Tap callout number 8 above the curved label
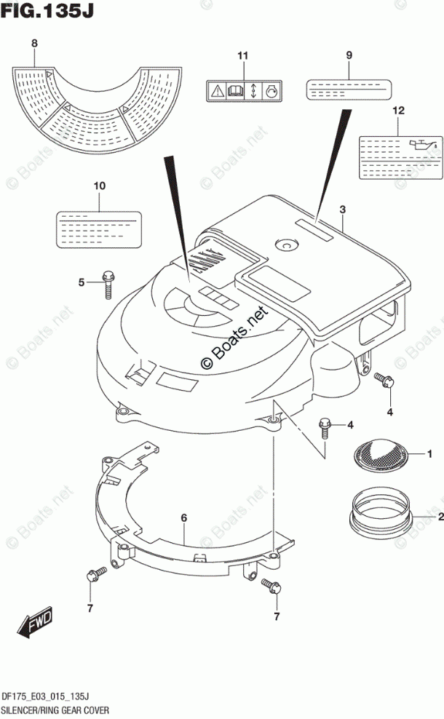point(34,43)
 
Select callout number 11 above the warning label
point(242,56)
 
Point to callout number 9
point(349,56)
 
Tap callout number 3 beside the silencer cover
point(342,210)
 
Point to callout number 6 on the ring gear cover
point(184,517)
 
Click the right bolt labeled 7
point(269,584)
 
